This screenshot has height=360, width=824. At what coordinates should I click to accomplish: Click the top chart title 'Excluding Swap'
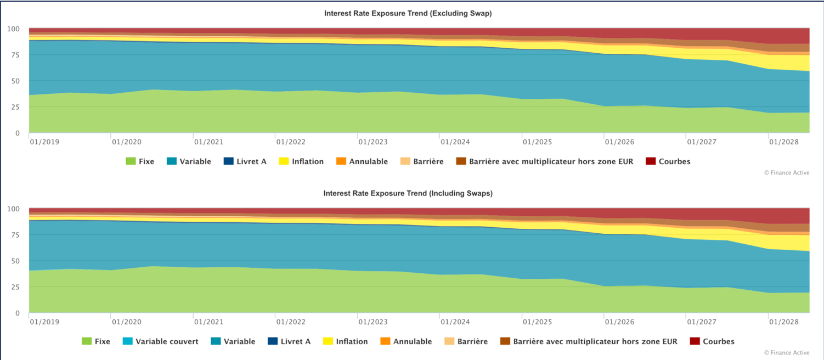point(408,14)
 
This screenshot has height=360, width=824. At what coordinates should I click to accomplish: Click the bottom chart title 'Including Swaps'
point(408,193)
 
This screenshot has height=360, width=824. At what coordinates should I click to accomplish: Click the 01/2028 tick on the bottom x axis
point(783,322)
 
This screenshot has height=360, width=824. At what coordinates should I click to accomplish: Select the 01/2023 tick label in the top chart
point(373,142)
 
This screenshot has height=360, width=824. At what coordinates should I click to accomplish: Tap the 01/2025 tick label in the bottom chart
point(537,322)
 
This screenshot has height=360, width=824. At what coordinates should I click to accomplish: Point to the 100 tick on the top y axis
point(13,29)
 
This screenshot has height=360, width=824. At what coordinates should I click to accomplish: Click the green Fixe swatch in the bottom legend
point(86,341)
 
